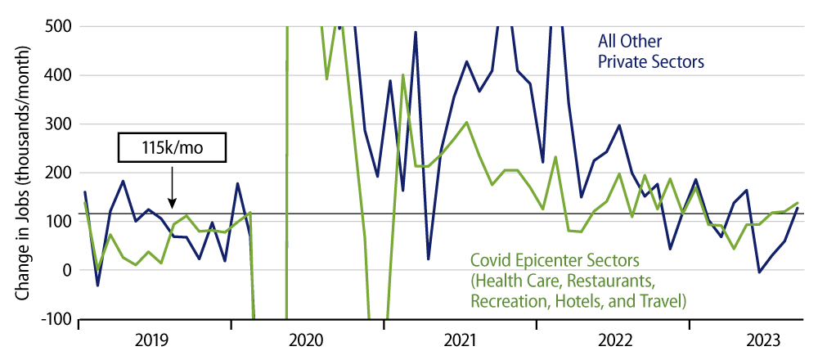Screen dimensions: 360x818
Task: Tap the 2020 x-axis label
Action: point(308,340)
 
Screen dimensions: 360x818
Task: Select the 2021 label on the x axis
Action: point(461,340)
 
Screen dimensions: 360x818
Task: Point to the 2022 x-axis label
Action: point(613,340)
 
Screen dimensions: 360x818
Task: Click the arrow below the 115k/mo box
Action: point(172,190)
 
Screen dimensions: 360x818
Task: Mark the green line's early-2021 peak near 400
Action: point(402,75)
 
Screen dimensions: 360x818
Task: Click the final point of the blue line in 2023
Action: point(798,208)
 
